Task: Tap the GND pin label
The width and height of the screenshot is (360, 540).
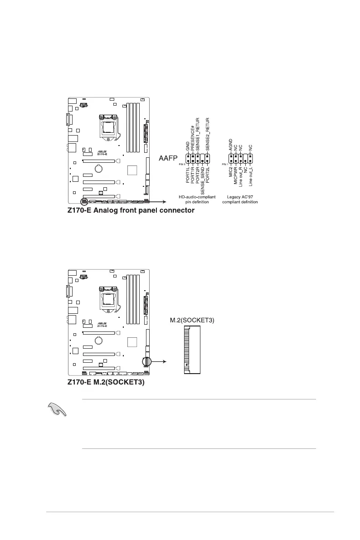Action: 188,146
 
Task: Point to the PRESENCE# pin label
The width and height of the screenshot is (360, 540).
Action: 193,140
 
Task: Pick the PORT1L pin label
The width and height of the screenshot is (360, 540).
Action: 188,175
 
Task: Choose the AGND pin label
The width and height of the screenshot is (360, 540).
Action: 231,145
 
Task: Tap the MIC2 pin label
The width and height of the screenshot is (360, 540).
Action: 231,172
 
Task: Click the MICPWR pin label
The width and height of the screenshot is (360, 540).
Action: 236,175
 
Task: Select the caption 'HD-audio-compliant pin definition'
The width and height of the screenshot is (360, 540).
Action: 196,199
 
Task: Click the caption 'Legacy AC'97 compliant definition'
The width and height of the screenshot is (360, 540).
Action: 240,199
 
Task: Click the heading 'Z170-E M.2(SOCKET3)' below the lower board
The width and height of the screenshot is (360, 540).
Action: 106,382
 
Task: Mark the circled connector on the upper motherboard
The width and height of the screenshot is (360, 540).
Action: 84,201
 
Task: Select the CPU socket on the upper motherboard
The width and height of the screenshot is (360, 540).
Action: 109,124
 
